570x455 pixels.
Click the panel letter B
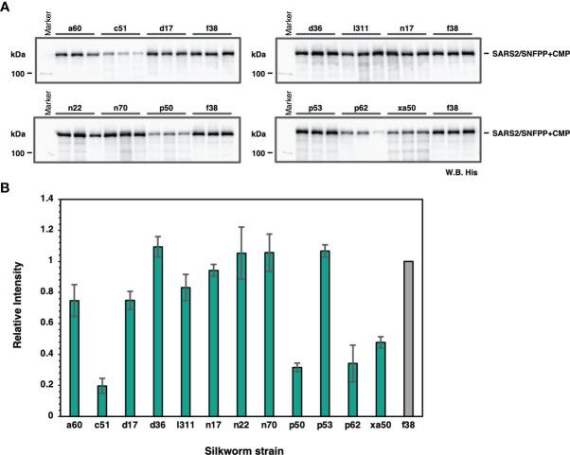(x=9, y=189)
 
